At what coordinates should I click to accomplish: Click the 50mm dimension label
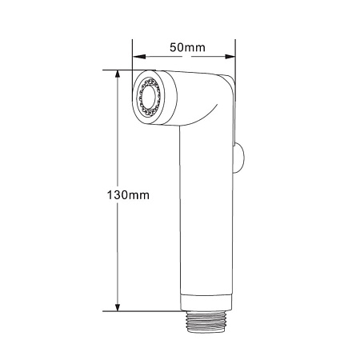coord(187,47)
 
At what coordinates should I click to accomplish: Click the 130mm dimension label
coord(128,195)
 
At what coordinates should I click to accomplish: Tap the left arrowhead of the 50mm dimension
coord(139,57)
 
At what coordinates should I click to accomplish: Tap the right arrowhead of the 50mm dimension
coord(230,57)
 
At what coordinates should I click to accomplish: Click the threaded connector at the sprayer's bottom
coord(206,322)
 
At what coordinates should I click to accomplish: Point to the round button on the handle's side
coord(239,158)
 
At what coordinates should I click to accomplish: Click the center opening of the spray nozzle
coord(147,98)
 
